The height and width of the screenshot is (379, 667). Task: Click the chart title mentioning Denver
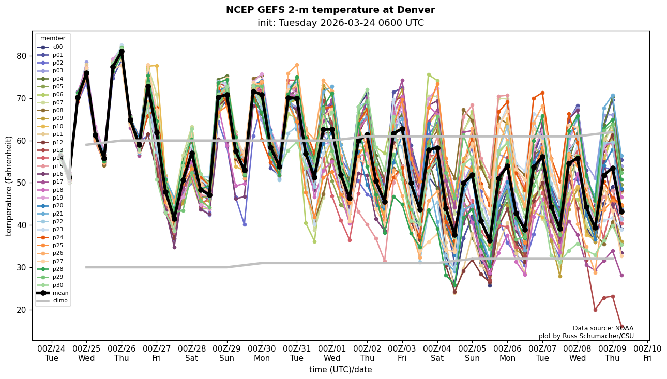point(330,10)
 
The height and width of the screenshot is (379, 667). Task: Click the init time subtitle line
point(340,23)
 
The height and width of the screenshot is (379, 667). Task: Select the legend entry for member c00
point(57,47)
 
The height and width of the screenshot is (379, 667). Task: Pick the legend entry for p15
point(57,165)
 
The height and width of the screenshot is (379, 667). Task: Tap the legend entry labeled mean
point(60,293)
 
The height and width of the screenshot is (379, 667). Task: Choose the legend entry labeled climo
point(60,300)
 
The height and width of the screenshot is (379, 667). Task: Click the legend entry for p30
point(57,285)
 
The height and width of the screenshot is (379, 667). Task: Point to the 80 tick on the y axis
point(22,56)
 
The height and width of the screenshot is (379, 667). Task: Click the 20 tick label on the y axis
point(22,310)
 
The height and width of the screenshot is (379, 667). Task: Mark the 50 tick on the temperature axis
point(22,183)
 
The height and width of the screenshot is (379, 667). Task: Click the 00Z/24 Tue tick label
point(52,353)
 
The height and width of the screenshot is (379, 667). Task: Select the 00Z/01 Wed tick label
point(331,353)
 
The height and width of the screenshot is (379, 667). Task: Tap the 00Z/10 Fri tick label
point(647,353)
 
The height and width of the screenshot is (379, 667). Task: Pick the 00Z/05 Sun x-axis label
point(472,353)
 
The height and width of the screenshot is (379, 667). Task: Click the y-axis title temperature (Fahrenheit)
point(9,186)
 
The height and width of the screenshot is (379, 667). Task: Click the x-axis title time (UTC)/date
point(340,369)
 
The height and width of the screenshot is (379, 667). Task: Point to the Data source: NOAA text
point(603,328)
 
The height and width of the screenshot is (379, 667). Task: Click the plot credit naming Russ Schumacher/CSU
point(586,336)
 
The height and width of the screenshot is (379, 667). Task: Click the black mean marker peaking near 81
point(122,52)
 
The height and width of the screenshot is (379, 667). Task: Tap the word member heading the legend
point(53,38)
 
